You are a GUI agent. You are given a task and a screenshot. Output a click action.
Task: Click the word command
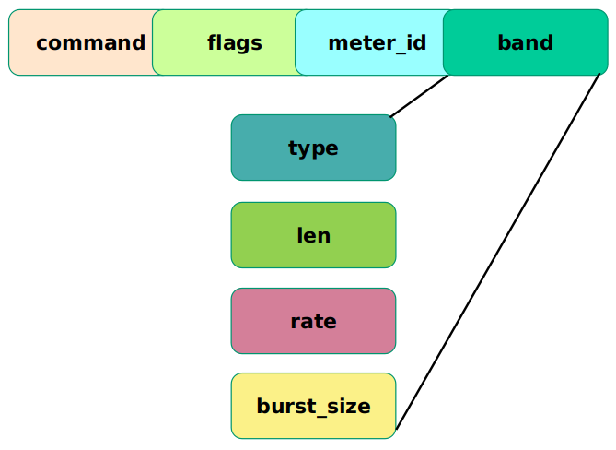pos(91,42)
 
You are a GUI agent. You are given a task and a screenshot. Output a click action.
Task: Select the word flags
pos(235,43)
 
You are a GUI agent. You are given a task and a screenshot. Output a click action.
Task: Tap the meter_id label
pos(378,43)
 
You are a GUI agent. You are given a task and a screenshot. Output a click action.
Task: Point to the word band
pos(525,42)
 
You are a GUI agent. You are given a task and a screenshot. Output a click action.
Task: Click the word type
pos(313,148)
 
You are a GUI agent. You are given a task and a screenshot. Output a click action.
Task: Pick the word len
pos(313,235)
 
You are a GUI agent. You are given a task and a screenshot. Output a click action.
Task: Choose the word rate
pos(313,322)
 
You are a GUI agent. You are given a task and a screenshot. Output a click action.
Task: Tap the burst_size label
pos(313,407)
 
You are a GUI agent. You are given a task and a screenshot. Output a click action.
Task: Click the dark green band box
pos(525,42)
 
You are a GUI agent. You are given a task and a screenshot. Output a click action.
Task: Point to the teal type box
pos(313,148)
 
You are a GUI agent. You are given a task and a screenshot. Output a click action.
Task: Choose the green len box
pos(313,235)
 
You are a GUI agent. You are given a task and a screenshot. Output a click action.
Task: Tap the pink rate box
pos(313,321)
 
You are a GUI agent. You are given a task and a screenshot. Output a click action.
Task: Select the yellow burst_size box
pos(313,406)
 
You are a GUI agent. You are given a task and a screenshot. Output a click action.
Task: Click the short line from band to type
pos(419,96)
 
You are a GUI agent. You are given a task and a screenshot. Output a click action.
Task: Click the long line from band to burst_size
pos(498,251)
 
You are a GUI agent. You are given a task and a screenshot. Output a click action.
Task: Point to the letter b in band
pos(504,42)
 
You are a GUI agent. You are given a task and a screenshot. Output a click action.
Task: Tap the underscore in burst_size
pos(316,416)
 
